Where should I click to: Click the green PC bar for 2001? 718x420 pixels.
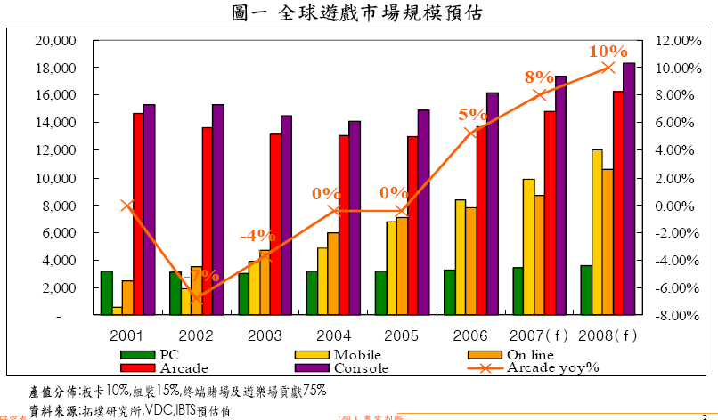pyautogui.click(x=106, y=293)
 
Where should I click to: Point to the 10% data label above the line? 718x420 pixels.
pyautogui.click(x=608, y=51)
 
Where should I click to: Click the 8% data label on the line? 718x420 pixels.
pyautogui.click(x=540, y=77)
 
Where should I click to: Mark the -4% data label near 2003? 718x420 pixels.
pyautogui.click(x=258, y=235)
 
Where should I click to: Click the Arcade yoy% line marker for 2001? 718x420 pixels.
pyautogui.click(x=127, y=206)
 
